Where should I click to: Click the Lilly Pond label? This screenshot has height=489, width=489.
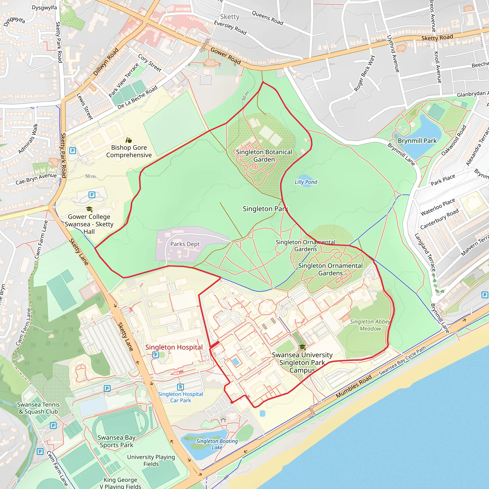point(306,182)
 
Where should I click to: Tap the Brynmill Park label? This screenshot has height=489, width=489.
point(417,141)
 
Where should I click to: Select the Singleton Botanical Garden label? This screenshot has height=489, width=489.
point(264,156)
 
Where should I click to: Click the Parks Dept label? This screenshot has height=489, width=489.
point(185,244)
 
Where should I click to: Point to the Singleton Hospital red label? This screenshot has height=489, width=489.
point(174,347)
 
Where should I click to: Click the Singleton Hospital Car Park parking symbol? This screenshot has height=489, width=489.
point(180,387)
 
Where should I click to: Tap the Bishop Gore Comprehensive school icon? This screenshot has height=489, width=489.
point(129,140)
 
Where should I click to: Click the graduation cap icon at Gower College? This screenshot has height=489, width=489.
point(89,209)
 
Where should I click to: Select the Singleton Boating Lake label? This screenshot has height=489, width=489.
point(217,444)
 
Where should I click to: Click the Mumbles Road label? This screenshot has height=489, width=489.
point(354,386)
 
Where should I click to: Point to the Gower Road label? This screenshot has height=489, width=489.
point(225,56)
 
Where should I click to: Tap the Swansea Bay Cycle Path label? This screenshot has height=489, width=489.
point(402,361)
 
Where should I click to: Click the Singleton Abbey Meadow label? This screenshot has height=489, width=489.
point(370,325)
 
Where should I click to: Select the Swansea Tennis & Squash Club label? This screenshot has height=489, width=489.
point(38,408)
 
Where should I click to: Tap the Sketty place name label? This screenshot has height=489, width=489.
point(229,17)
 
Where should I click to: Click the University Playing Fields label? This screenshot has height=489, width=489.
point(151,460)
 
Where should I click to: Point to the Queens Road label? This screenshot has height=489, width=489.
point(267,18)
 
